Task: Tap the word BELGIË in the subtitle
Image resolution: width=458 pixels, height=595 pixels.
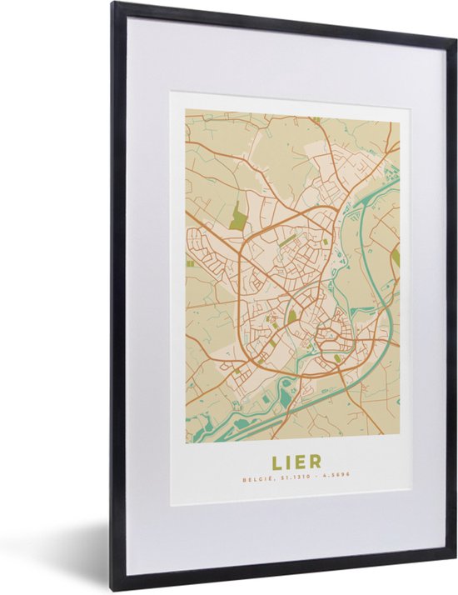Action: (254, 479)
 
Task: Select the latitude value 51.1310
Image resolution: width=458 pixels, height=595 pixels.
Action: (282, 479)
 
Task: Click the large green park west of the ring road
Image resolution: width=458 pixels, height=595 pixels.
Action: (239, 217)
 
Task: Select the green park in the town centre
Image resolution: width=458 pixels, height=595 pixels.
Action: (291, 316)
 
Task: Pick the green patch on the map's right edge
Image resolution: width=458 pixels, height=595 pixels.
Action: (396, 257)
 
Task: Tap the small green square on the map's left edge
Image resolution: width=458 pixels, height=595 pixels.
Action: (189, 263)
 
